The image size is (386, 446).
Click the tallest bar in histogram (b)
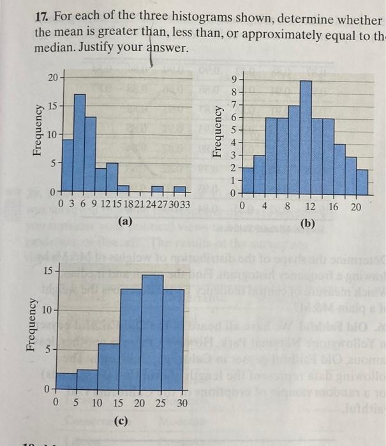[306, 136]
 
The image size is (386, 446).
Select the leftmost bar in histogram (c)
[66, 380]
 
